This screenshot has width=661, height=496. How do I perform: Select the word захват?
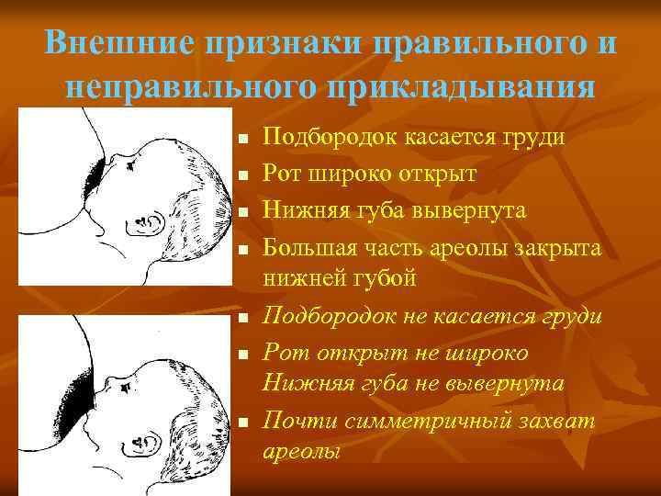pos(560,422)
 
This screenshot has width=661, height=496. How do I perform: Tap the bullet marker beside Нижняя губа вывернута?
pos(241,211)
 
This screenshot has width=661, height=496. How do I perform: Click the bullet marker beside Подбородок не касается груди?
pos(241,318)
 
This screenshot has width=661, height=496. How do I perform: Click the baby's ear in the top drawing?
pos(149,222)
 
